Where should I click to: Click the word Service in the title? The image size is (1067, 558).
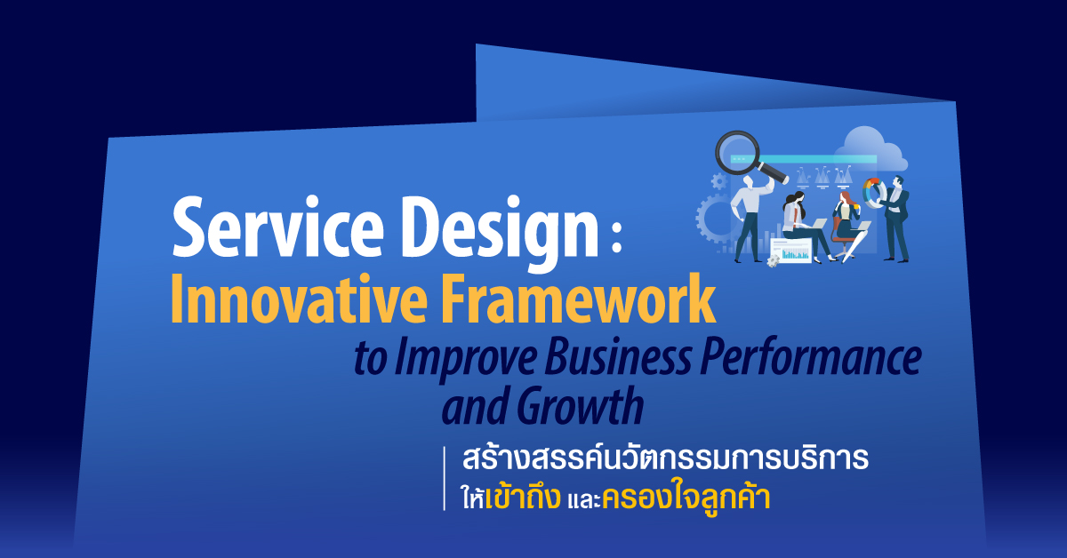[277, 227]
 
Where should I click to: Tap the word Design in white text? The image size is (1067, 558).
[499, 234]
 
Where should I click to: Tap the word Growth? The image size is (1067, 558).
[580, 405]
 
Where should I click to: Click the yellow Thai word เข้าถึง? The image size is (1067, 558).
[523, 496]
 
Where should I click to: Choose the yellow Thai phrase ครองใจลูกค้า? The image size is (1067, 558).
[686, 497]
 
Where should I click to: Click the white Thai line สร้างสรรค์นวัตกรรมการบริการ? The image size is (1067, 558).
[665, 458]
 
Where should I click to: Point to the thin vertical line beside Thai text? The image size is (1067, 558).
[445, 479]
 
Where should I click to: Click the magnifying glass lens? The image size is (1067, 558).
[737, 154]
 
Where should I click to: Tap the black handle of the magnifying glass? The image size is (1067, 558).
[773, 172]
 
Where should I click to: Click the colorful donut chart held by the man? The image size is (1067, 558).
[872, 192]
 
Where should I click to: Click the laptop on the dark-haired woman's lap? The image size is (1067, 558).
[817, 224]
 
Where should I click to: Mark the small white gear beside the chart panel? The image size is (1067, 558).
[773, 260]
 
